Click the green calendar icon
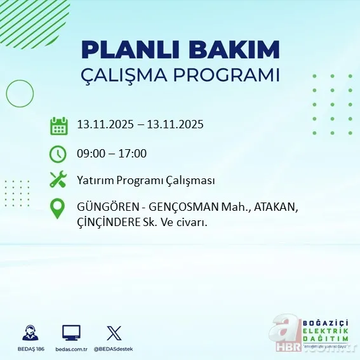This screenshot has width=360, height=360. coord(58,125)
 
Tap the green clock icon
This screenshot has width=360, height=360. coord(58,154)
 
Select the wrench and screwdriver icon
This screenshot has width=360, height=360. coord(58,180)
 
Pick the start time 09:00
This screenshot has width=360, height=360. coord(91,153)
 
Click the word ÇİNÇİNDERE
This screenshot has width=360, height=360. coord(113,223)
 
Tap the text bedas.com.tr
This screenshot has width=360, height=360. coord(72,349)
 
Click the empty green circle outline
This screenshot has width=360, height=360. coord(20,94)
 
